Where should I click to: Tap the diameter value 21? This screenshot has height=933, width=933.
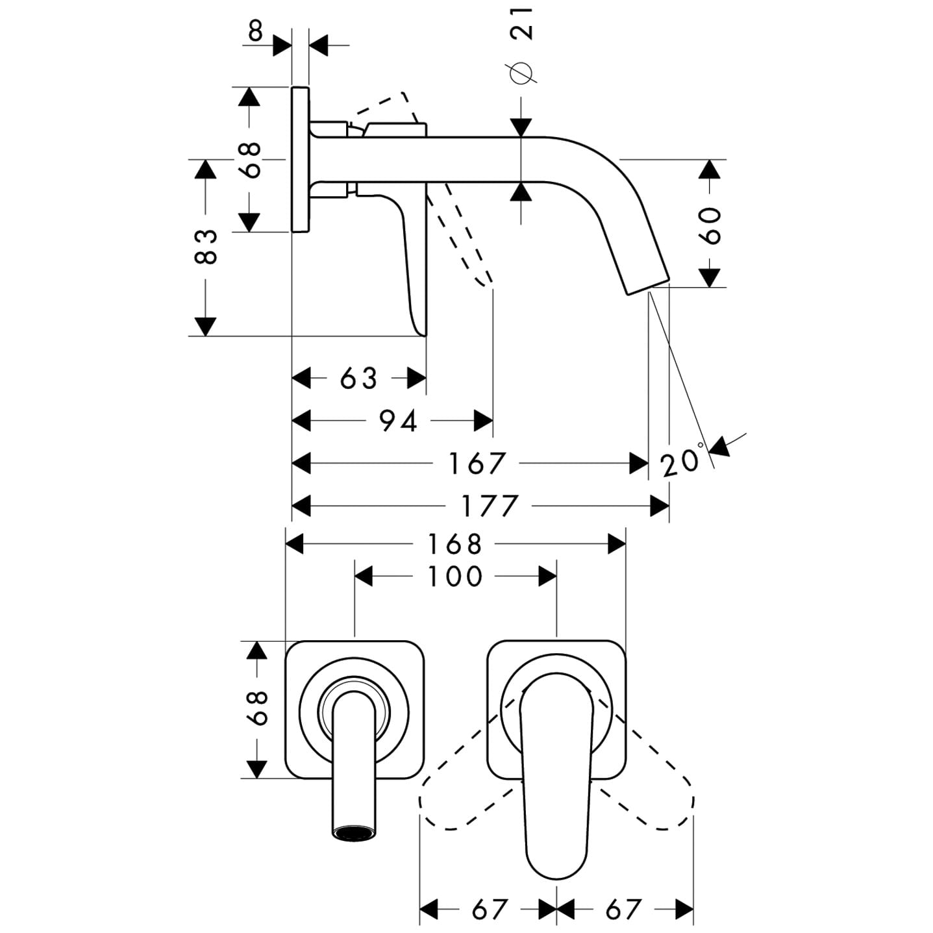click(522, 23)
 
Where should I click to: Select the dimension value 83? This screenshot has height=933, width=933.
click(206, 247)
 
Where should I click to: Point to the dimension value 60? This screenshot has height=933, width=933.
click(712, 225)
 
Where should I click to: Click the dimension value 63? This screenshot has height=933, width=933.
click(358, 378)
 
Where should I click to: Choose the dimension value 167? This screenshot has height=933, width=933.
click(477, 464)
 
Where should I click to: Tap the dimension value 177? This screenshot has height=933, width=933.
click(490, 506)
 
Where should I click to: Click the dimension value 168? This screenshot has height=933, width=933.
click(454, 544)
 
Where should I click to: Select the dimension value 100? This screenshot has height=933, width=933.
click(455, 576)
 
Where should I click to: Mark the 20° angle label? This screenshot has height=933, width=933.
click(682, 461)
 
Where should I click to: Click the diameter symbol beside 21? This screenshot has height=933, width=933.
click(522, 73)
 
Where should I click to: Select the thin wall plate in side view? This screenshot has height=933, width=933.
click(300, 158)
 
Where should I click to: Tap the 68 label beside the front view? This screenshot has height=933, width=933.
click(258, 708)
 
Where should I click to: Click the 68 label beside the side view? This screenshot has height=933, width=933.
click(250, 159)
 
